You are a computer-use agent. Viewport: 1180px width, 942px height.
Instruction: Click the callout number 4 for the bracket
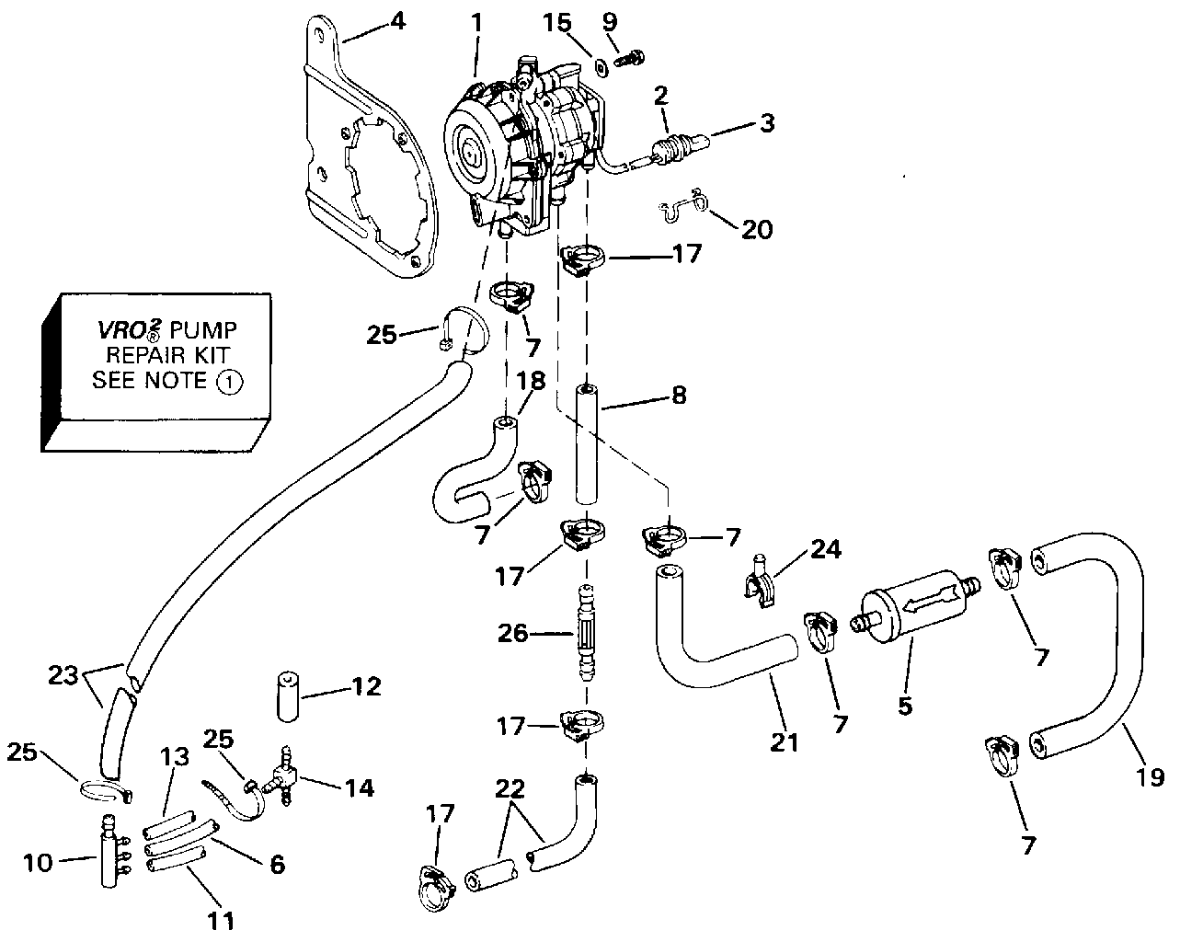(x=397, y=21)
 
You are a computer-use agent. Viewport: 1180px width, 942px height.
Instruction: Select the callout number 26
(x=512, y=634)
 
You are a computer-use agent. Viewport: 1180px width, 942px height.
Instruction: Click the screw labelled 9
(x=629, y=58)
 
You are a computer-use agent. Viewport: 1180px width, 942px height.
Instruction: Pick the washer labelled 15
(x=601, y=69)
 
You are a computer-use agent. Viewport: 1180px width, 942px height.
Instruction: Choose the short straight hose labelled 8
(x=586, y=444)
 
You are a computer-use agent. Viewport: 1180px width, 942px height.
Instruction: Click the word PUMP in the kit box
(x=203, y=330)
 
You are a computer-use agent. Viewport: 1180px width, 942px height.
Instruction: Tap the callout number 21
(x=785, y=742)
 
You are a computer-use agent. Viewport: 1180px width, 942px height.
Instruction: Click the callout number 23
(x=63, y=675)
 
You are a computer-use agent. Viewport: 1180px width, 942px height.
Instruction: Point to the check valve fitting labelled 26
(x=586, y=632)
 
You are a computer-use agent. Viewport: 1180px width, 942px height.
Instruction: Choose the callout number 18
(x=531, y=381)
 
